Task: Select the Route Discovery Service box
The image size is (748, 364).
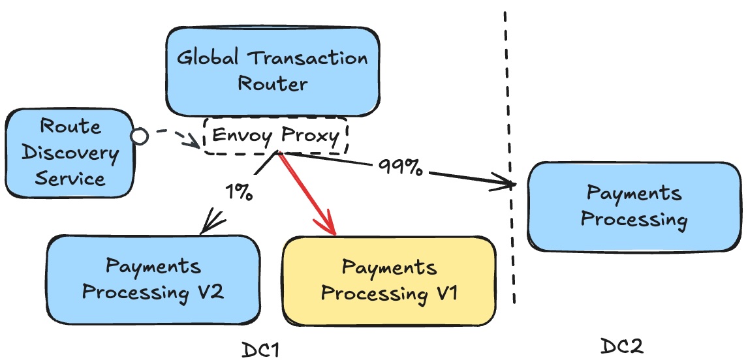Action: coord(70,153)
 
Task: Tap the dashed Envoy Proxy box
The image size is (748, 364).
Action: coord(276,136)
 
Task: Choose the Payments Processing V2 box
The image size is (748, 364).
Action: coord(153,279)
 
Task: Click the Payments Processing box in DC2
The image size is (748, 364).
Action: coord(633,206)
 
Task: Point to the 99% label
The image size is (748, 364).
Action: coord(400,168)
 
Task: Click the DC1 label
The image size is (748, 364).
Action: coord(260,350)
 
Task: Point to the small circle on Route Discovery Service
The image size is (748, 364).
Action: coord(139,136)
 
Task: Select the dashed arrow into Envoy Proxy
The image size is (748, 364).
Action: coord(171,138)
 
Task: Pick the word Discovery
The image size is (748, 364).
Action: coord(69,153)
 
